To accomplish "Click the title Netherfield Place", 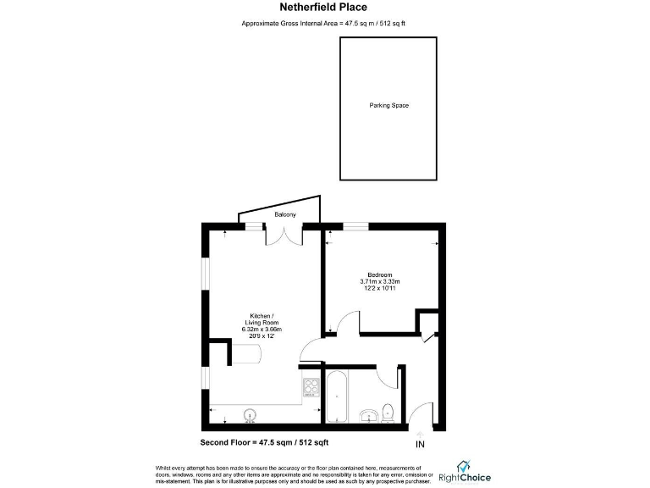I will (324, 8).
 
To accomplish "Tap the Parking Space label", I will (388, 106).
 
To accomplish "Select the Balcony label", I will (284, 215).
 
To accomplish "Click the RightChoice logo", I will (465, 471).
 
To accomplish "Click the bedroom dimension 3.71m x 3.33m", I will (380, 281).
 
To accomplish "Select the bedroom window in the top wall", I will (355, 225).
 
